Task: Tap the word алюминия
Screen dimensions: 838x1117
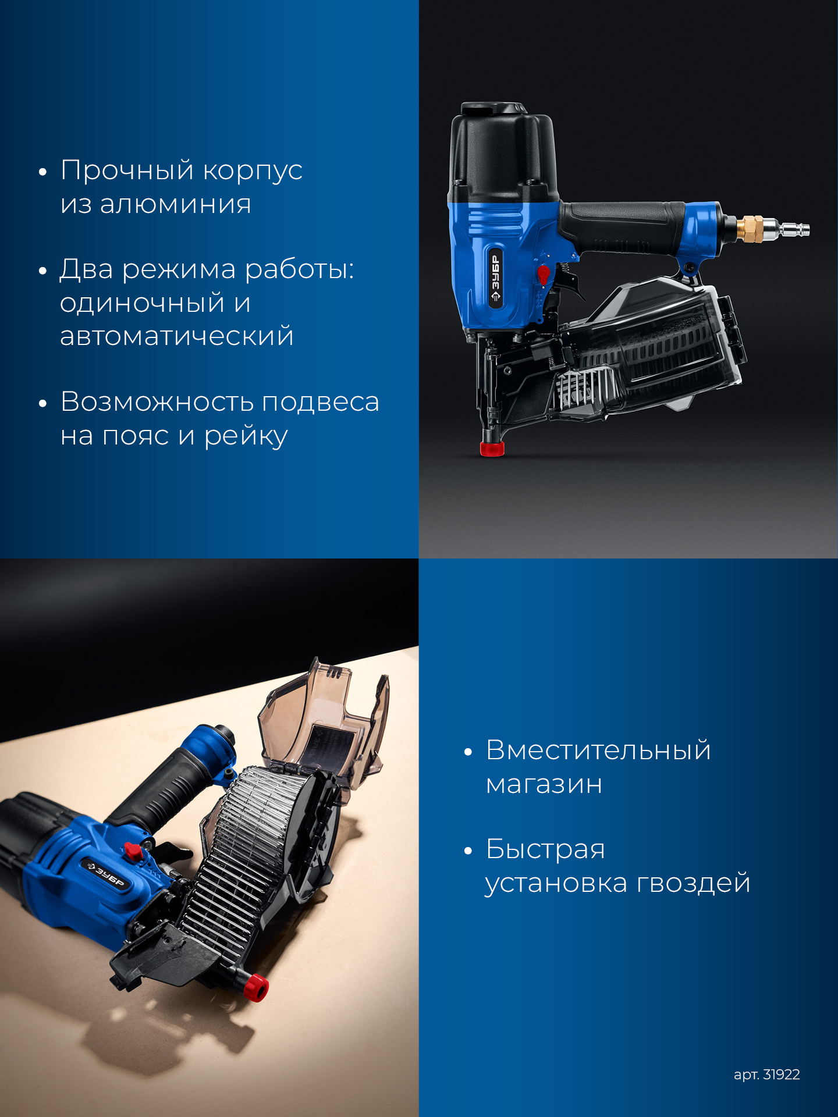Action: [175, 204]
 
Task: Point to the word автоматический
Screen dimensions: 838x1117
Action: [177, 337]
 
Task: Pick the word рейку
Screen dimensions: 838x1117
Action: [246, 436]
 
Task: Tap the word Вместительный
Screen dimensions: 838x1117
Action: [598, 750]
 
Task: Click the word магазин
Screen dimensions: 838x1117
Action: [544, 785]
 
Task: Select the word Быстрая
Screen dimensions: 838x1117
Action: [545, 849]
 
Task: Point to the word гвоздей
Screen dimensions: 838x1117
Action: [693, 883]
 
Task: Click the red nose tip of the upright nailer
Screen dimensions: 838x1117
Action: [492, 449]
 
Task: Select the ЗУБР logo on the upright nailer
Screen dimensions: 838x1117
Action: [495, 279]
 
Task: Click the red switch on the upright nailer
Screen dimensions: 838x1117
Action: [543, 274]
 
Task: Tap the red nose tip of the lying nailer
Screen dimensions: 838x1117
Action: [256, 987]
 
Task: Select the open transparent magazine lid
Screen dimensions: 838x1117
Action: [324, 721]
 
